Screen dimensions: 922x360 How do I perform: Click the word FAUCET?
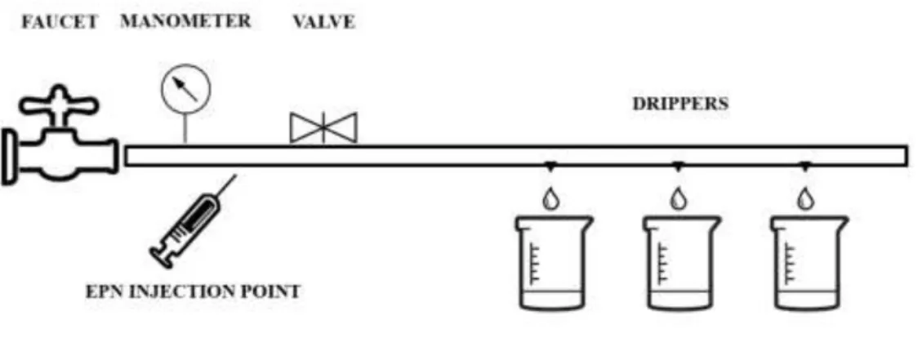(59, 22)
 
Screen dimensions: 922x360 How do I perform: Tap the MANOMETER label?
(186, 21)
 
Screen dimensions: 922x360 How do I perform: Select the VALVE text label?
(324, 22)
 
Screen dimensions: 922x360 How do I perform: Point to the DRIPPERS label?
(680, 104)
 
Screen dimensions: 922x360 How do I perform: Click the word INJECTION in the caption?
(183, 291)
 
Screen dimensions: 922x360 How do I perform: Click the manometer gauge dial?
(186, 89)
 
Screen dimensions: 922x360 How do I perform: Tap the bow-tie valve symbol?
(323, 127)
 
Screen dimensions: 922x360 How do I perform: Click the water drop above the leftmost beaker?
(551, 198)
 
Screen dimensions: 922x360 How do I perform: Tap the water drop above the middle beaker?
(679, 198)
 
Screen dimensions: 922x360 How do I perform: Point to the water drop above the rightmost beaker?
(805, 198)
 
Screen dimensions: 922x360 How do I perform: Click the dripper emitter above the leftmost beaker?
(550, 167)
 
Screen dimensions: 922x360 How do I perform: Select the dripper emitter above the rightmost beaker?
(805, 167)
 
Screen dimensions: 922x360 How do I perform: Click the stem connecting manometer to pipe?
(186, 128)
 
